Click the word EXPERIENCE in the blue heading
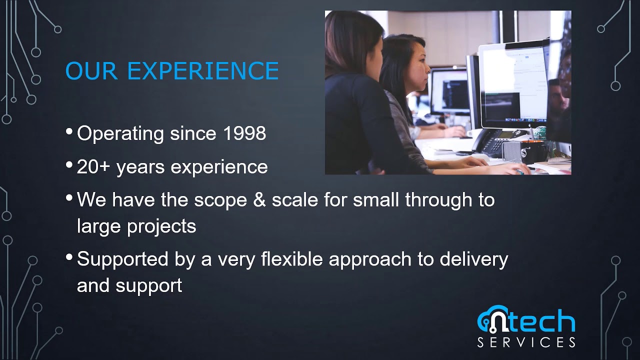(x=202, y=71)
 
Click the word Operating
(x=120, y=134)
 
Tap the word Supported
(x=121, y=259)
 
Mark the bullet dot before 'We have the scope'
(x=69, y=198)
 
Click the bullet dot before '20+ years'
(x=69, y=165)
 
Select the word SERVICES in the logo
(x=526, y=342)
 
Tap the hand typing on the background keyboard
(x=455, y=131)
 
